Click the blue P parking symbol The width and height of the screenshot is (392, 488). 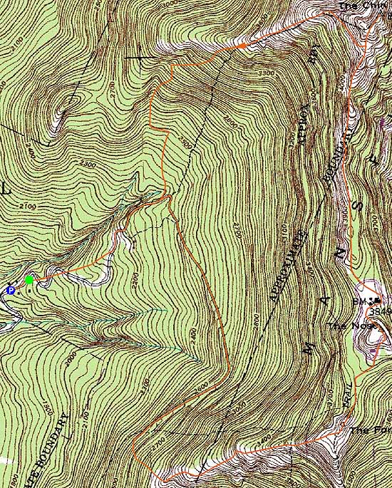10,290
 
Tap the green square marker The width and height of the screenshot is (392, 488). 29,280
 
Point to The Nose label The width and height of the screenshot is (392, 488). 341,326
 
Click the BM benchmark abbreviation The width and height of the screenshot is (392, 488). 359,302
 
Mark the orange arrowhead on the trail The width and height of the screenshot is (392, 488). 242,46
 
